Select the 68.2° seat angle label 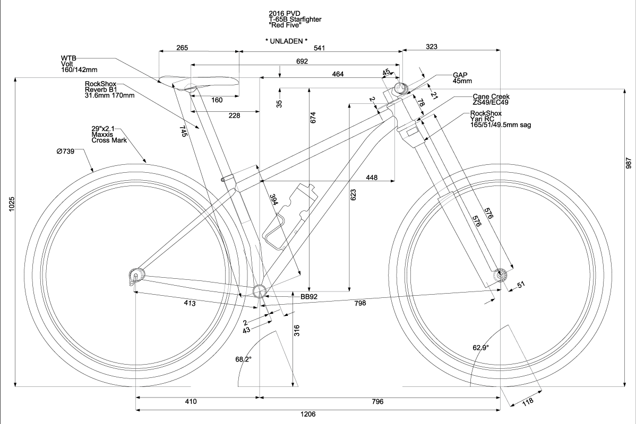(x=244, y=359)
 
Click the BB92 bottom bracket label (x=308, y=297)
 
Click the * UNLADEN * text (x=286, y=41)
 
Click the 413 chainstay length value (x=190, y=303)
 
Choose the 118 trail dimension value (x=528, y=402)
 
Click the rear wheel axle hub (x=136, y=275)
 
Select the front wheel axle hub (x=500, y=275)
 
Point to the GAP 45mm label (x=462, y=78)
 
